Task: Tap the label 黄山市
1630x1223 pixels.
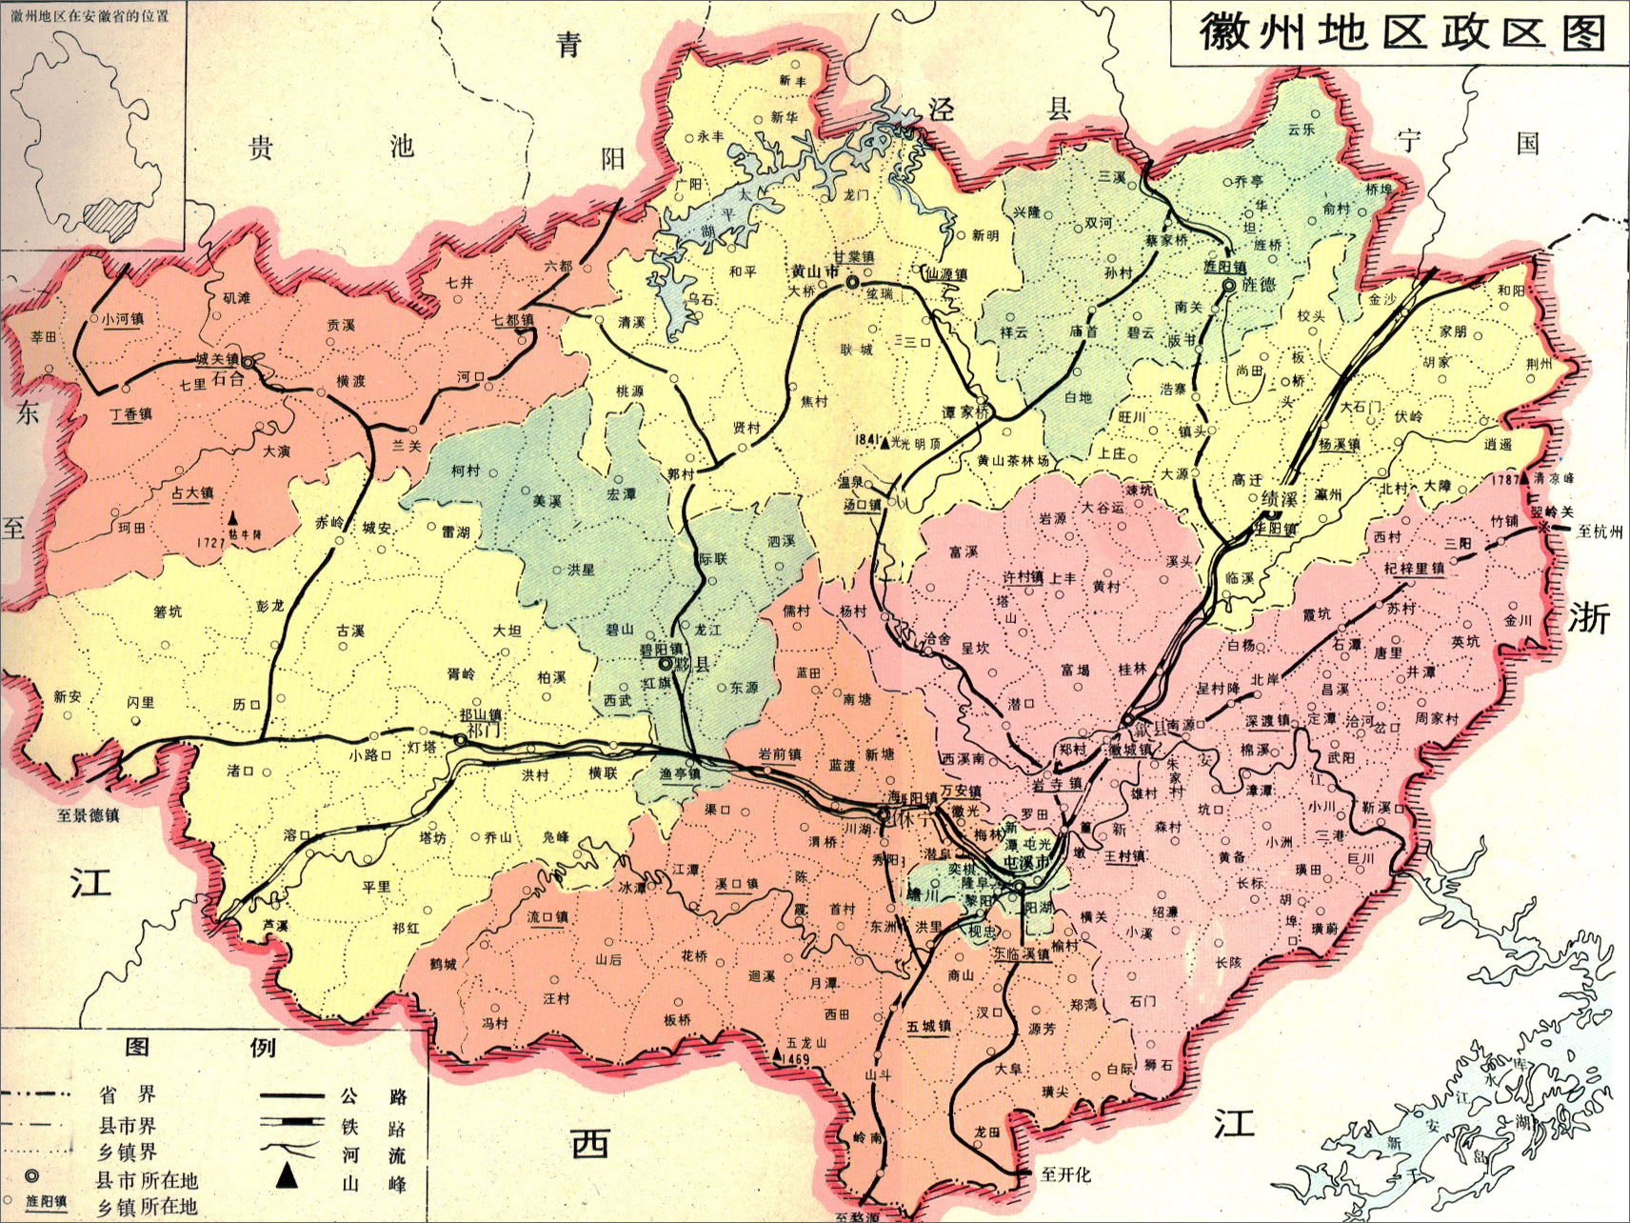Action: pyautogui.click(x=815, y=271)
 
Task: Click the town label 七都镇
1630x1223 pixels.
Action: pyautogui.click(x=513, y=320)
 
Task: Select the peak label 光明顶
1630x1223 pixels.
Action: pyautogui.click(x=918, y=444)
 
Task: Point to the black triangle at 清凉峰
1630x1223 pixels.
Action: pyautogui.click(x=1524, y=478)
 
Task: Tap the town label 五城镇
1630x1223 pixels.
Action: pyautogui.click(x=928, y=1027)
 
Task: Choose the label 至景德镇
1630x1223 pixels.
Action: pyautogui.click(x=89, y=815)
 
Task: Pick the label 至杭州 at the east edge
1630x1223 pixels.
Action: pyautogui.click(x=1600, y=531)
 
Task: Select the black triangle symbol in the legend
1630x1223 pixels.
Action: pyautogui.click(x=287, y=1177)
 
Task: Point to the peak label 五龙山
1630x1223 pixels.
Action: pyautogui.click(x=806, y=1043)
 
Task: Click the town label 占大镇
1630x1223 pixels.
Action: pyautogui.click(x=192, y=492)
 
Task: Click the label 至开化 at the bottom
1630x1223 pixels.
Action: pyautogui.click(x=1065, y=1174)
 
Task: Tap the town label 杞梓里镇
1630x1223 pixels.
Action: pyautogui.click(x=1414, y=569)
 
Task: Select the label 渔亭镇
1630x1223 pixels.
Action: pyautogui.click(x=680, y=774)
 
